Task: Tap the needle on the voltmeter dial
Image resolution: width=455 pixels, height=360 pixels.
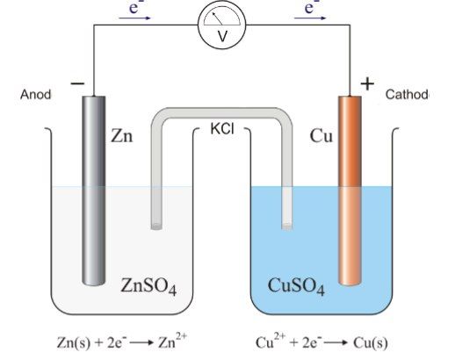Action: [217, 18]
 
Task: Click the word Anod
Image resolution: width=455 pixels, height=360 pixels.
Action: [35, 95]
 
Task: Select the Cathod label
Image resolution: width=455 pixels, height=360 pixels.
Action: [407, 94]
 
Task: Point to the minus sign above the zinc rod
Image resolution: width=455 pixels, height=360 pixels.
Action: [77, 83]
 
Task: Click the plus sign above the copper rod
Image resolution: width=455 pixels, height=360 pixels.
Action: [367, 84]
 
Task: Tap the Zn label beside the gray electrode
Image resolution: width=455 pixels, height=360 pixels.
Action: [121, 136]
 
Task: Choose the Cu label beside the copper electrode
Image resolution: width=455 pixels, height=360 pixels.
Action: [321, 136]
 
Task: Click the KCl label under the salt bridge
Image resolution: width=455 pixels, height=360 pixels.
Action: [222, 128]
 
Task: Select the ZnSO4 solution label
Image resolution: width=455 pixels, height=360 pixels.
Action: [148, 286]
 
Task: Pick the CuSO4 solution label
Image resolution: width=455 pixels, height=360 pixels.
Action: [296, 286]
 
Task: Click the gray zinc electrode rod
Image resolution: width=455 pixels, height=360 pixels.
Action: [94, 191]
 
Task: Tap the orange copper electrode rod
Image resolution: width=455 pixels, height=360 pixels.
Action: [350, 191]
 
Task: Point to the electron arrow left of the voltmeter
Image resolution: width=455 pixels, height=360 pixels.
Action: [134, 18]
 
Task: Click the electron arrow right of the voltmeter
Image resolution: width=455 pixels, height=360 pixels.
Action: [310, 18]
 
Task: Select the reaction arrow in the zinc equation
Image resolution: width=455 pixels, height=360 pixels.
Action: [141, 342]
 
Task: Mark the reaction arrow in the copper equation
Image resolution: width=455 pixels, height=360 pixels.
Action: [336, 342]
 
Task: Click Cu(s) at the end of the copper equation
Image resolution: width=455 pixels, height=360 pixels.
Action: [371, 342]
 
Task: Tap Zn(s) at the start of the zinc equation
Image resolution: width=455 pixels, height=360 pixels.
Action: [74, 342]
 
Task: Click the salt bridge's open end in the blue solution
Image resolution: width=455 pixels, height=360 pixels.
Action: [287, 227]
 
